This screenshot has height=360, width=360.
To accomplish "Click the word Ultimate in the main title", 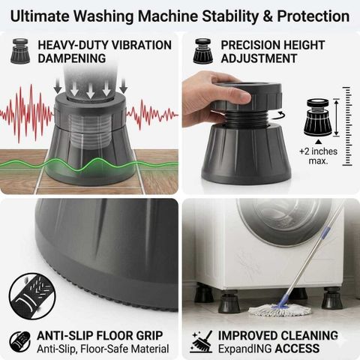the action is click(x=40, y=16).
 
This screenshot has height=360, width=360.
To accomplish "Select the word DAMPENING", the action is click(x=72, y=58).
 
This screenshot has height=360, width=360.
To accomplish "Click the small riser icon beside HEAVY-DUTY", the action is click(x=20, y=51).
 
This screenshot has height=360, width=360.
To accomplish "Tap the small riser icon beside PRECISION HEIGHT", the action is click(x=203, y=51).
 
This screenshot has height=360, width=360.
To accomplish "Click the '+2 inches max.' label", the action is click(x=318, y=156).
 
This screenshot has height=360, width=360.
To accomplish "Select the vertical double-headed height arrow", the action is click(x=337, y=118).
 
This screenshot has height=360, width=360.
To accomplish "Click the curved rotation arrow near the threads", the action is click(x=281, y=115).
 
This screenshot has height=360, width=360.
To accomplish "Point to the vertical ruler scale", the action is click(x=347, y=126).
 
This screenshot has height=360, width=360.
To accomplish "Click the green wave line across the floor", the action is click(x=89, y=165).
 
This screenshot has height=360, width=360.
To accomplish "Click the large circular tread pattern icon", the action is click(x=32, y=296).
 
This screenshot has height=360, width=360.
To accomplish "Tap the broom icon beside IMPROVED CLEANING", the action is click(x=202, y=341).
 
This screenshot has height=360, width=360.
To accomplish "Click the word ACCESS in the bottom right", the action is click(x=297, y=349).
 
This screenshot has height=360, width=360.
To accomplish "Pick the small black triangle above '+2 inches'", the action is click(x=318, y=142).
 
